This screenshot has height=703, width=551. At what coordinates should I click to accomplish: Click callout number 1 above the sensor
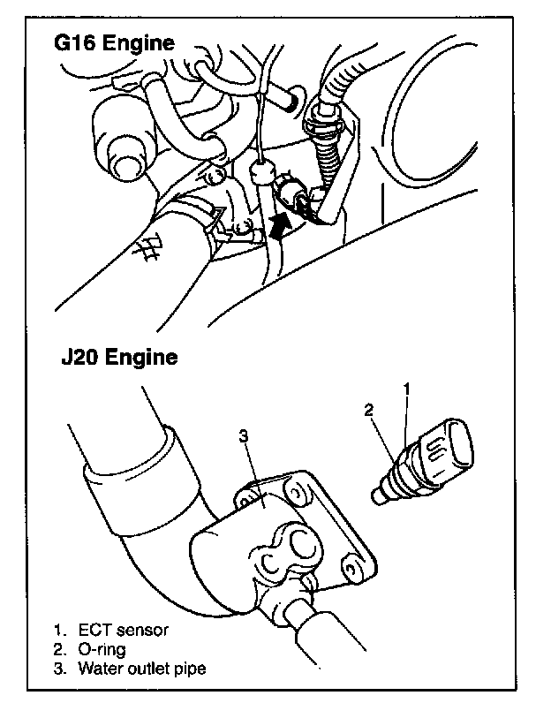[x=407, y=389]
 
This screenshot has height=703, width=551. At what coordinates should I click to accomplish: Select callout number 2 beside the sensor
[x=370, y=409]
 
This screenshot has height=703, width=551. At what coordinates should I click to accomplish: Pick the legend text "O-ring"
[x=102, y=649]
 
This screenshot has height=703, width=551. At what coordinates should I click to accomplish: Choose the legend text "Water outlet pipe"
[x=141, y=669]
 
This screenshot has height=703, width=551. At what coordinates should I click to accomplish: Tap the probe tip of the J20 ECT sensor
[x=380, y=498]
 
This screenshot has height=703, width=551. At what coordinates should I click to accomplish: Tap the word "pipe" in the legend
[x=190, y=669]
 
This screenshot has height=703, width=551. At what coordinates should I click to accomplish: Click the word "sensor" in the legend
[x=144, y=631]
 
